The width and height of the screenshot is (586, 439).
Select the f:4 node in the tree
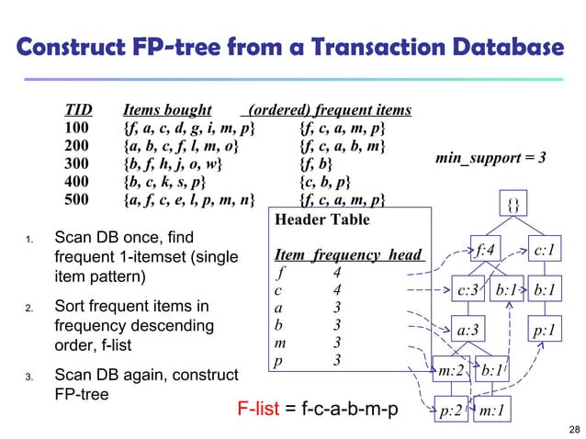tap(484, 247)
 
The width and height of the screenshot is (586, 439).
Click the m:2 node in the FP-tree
tap(451, 371)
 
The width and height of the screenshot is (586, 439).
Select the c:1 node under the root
tap(547, 247)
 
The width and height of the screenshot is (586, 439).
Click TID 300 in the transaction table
tap(76, 164)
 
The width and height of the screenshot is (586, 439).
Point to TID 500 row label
tap(76, 200)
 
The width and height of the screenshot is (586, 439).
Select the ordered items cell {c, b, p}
tap(329, 182)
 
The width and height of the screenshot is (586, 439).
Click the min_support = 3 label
tap(491, 158)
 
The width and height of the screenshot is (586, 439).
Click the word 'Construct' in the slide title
tap(76, 45)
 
